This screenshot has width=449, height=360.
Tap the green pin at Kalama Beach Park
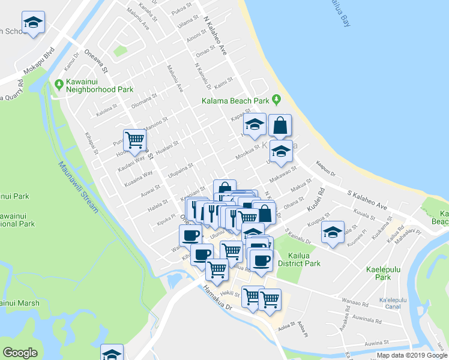click(x=276, y=99)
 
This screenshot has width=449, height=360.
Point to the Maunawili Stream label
click(x=79, y=186)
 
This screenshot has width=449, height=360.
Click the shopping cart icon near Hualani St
click(x=135, y=139)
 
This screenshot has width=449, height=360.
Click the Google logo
click(x=20, y=353)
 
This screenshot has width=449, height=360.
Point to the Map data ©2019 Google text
click(x=412, y=355)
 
